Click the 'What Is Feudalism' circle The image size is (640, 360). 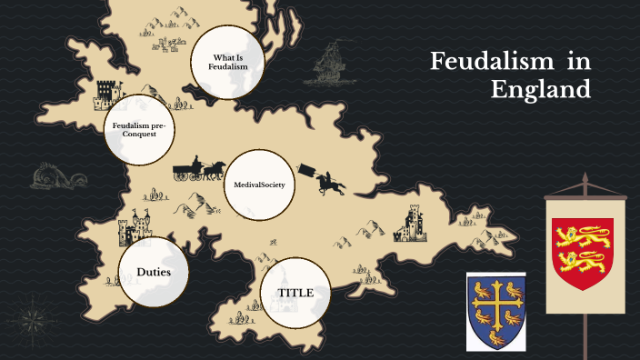tap(225, 62)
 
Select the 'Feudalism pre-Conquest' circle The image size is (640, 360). tap(137, 128)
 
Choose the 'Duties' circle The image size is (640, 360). tap(154, 272)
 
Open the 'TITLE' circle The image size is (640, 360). tap(295, 293)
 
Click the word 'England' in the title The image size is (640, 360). tap(540, 90)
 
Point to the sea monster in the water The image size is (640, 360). tap(45, 176)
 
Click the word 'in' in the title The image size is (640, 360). tap(576, 62)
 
